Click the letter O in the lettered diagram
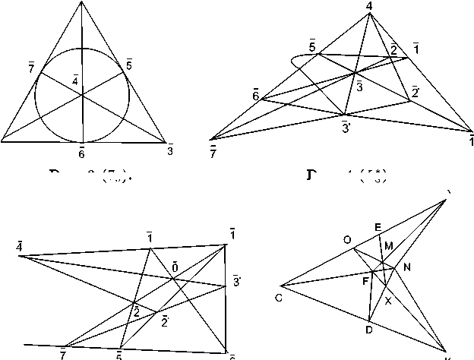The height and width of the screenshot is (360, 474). [347, 241]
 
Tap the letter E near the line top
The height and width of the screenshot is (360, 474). [378, 227]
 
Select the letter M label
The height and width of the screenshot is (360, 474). [389, 245]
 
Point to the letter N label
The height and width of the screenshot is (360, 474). [407, 267]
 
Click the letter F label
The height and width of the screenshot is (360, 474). [365, 282]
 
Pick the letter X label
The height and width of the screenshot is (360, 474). [387, 301]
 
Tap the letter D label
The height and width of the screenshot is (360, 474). [368, 330]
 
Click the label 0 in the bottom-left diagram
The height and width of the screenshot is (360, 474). [175, 267]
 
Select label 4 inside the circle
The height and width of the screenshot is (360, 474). [74, 80]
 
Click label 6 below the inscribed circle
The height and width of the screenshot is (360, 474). [81, 153]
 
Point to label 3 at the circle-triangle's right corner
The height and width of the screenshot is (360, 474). [169, 151]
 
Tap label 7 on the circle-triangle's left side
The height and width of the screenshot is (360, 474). [30, 70]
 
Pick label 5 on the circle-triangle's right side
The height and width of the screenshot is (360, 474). [129, 64]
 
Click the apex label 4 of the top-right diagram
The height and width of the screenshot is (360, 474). [368, 7]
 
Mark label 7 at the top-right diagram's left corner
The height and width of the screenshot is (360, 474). [213, 152]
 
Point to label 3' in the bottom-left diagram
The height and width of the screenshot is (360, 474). [237, 280]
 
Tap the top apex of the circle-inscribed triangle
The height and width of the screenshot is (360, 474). [81, 2]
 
